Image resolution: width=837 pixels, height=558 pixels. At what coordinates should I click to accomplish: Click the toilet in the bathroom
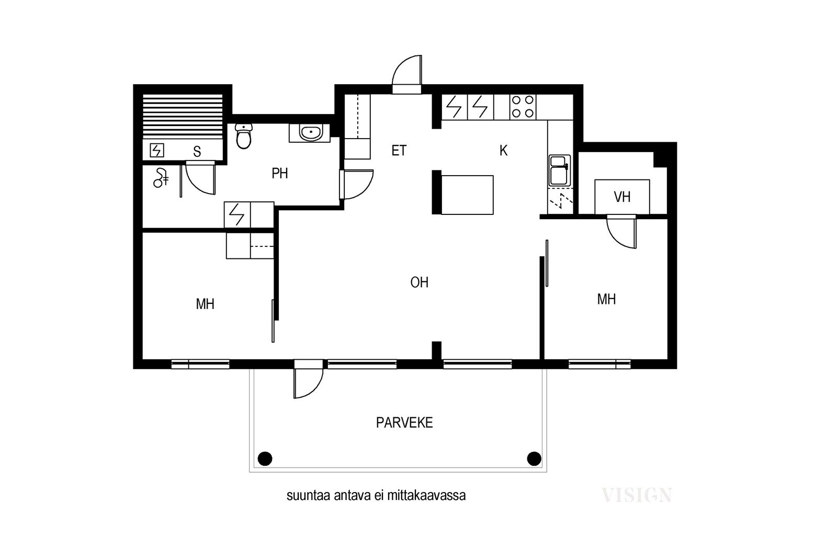click(x=244, y=136)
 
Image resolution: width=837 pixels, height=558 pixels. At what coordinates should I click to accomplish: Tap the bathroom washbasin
click(x=310, y=133)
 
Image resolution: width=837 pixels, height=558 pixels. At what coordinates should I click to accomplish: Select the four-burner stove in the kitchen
click(x=523, y=107)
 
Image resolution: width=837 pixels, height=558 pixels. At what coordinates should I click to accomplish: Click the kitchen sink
click(x=559, y=170)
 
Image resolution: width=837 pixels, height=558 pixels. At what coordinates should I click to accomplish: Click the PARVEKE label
click(x=404, y=423)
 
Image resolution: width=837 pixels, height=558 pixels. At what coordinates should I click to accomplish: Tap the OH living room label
click(x=419, y=282)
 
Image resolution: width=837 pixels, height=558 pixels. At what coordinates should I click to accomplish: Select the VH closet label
click(x=622, y=197)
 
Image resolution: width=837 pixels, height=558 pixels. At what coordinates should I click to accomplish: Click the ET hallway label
click(x=399, y=151)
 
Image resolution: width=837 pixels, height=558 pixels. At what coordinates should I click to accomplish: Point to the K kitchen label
click(x=503, y=151)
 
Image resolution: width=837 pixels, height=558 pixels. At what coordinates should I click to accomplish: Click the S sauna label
click(x=197, y=151)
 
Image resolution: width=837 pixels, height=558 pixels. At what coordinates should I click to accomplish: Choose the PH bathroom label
click(x=280, y=173)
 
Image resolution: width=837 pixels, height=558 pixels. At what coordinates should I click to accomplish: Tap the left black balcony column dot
click(x=265, y=458)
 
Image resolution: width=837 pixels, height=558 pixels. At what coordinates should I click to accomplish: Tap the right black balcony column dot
click(x=534, y=458)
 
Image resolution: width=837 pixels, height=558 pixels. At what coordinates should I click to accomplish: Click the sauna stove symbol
click(x=156, y=150)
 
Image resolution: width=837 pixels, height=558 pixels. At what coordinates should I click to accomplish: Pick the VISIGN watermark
click(x=636, y=495)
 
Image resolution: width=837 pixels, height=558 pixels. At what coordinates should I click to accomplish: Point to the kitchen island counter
click(x=467, y=195)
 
